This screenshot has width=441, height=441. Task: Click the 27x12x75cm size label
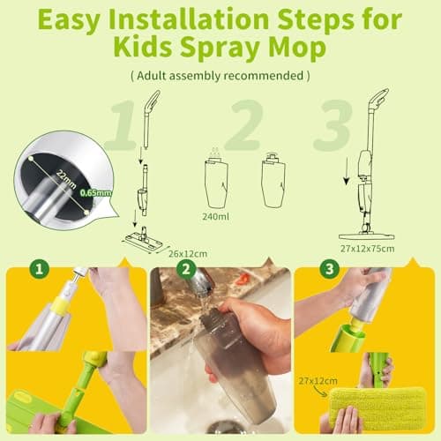point(369,249)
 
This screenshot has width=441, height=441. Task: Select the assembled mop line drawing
point(366,168)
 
